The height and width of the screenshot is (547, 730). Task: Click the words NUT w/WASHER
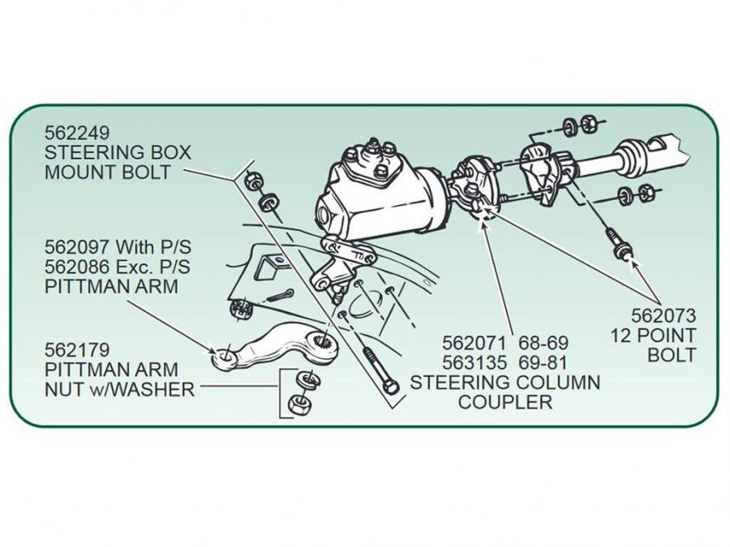[x=119, y=390]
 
